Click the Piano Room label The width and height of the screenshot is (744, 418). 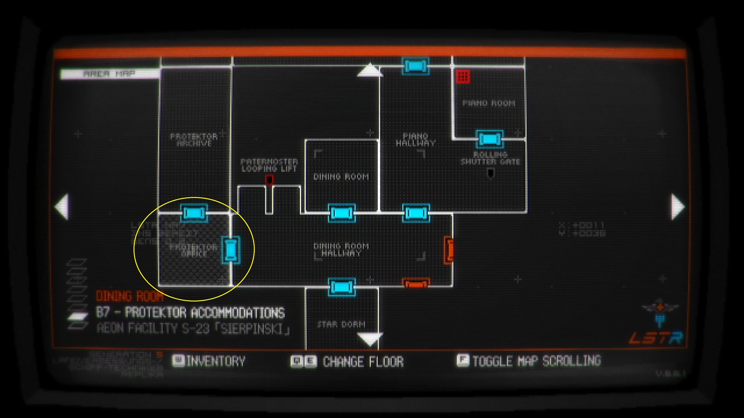489,103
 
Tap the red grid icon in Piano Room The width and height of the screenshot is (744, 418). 463,76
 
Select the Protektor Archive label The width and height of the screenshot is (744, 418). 194,140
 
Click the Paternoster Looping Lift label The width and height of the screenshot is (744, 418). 269,165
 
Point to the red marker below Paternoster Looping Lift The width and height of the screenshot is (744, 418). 269,180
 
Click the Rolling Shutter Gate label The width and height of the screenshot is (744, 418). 490,158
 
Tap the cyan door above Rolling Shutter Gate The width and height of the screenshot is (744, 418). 490,139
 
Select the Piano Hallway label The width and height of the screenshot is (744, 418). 415,139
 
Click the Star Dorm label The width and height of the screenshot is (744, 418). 341,324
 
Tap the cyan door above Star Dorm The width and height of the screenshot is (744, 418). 341,287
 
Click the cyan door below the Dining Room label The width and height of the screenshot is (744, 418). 341,213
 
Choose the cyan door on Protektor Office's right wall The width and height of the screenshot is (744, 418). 231,250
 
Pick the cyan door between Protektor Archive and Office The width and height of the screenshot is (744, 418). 194,213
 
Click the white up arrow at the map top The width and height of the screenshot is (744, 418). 370,70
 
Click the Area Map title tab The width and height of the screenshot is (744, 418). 110,74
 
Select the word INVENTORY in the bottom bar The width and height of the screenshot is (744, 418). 215,361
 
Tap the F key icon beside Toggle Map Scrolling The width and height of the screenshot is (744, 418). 463,360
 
